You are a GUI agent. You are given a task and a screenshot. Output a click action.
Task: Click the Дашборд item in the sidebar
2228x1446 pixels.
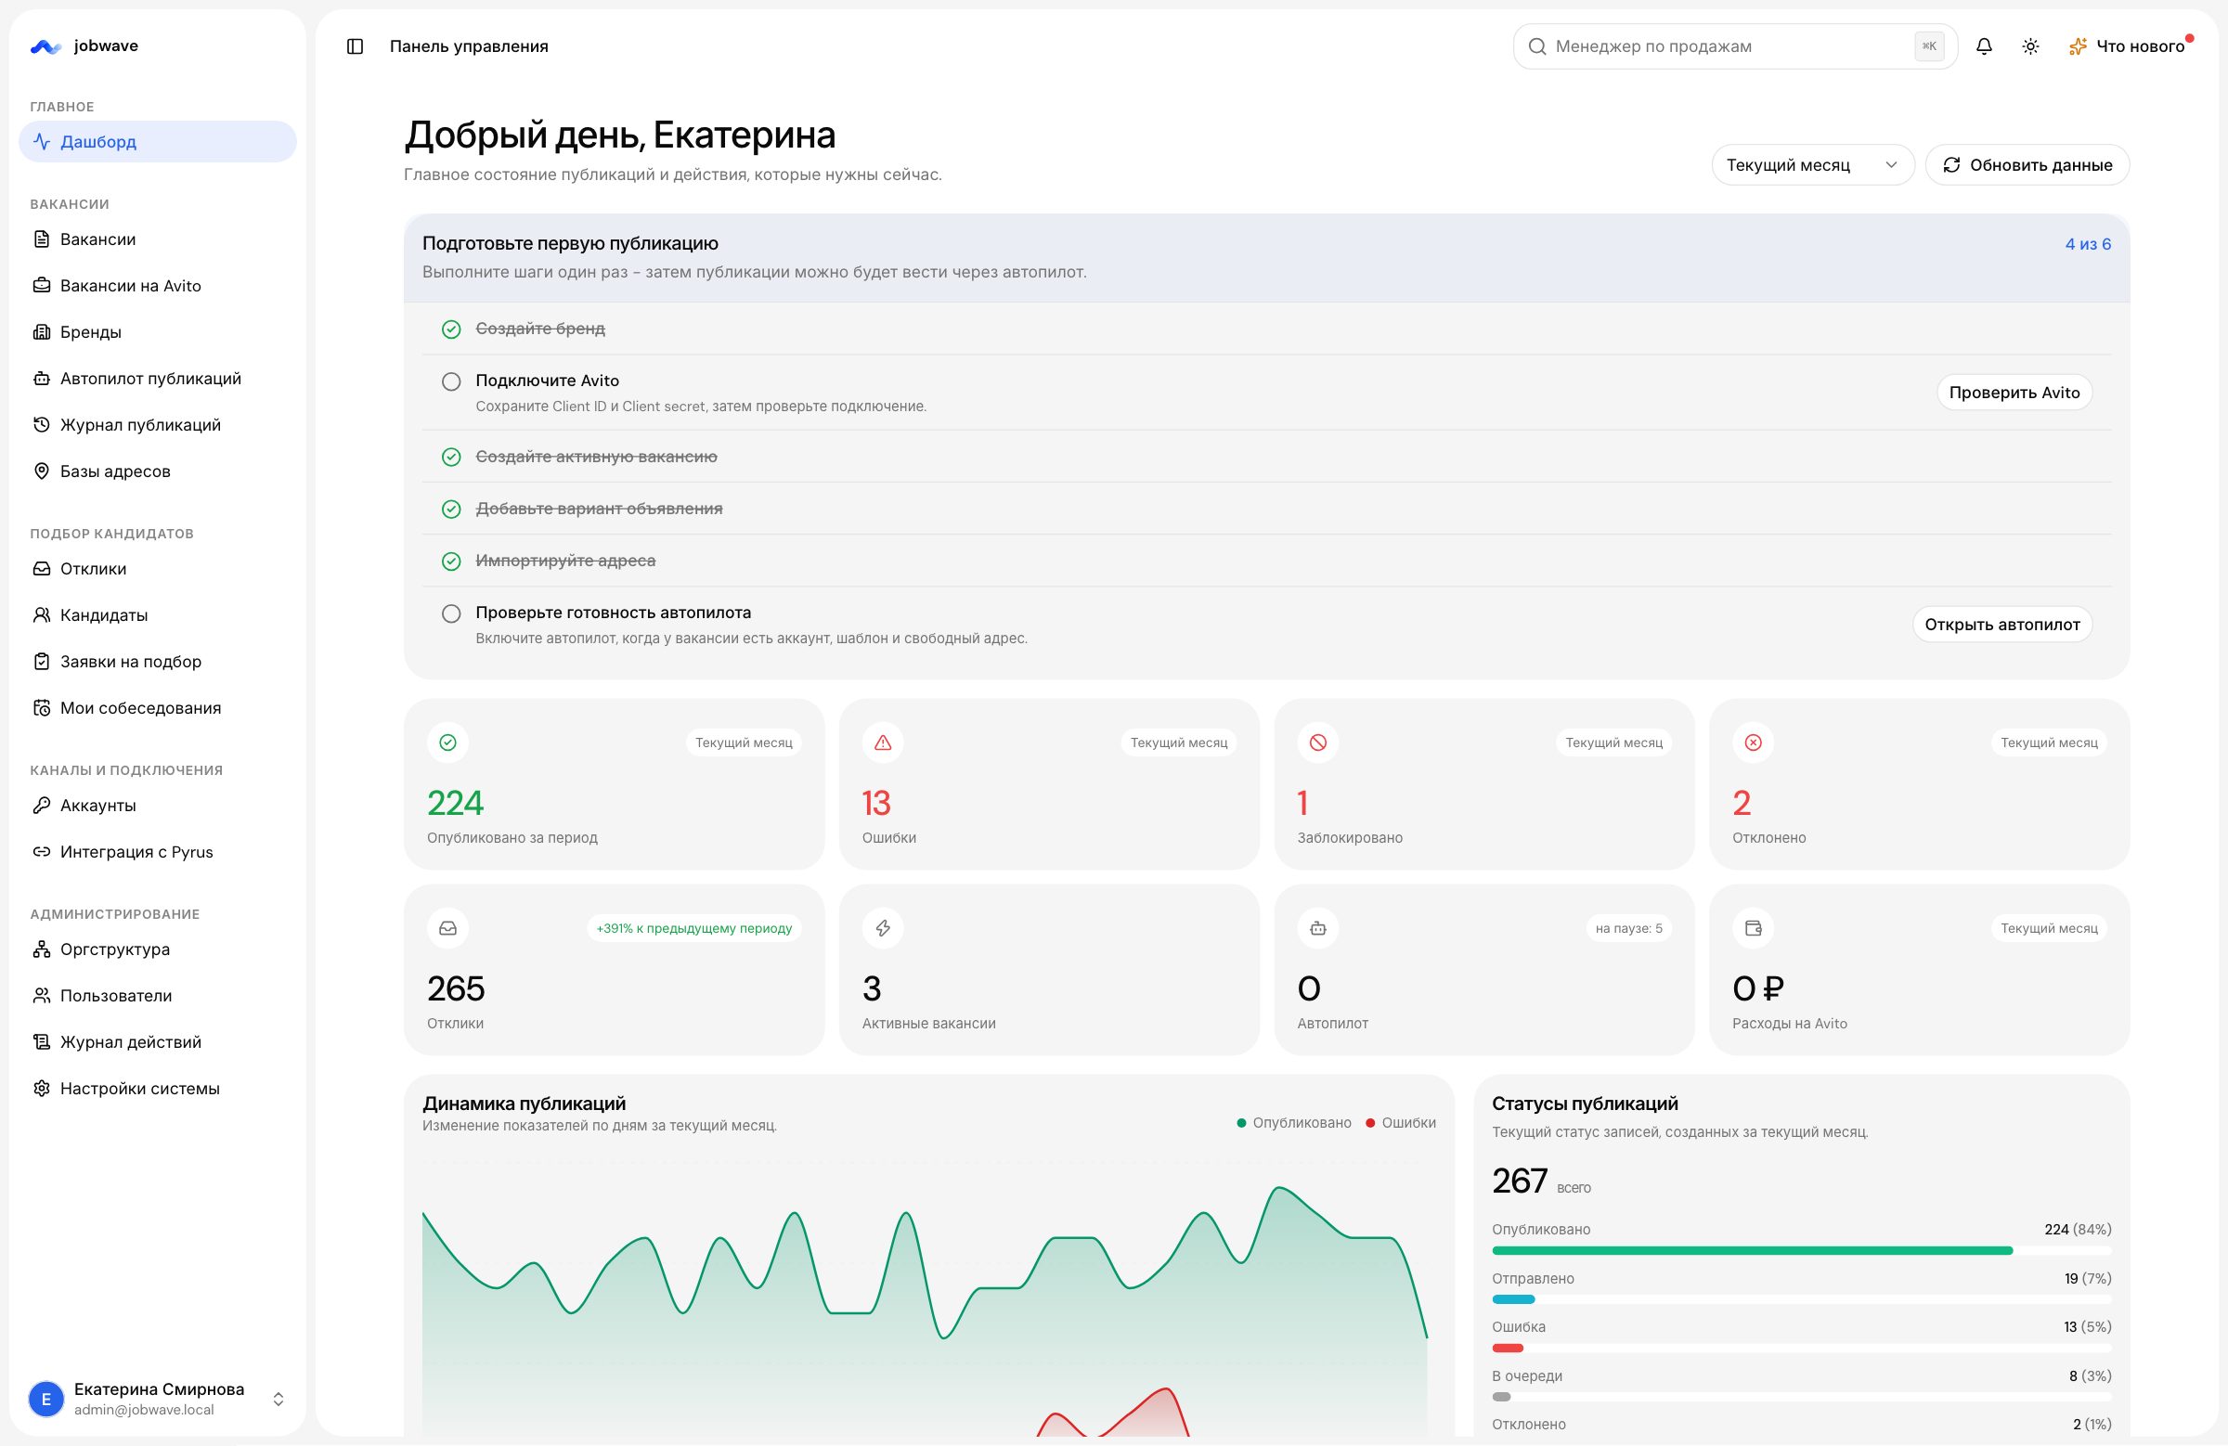coord(157,141)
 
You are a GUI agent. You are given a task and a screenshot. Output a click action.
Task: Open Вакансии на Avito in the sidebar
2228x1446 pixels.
coord(130,286)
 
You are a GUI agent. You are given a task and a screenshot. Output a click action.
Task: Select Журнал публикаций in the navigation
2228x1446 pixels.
coord(139,425)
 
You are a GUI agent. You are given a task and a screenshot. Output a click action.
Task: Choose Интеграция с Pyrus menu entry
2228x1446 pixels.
coord(136,852)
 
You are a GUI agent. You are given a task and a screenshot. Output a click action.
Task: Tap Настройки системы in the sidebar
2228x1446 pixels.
coord(139,1089)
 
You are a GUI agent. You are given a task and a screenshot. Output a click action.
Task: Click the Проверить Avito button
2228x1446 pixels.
coord(2014,394)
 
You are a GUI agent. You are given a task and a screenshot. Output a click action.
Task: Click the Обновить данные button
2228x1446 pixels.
coord(2027,164)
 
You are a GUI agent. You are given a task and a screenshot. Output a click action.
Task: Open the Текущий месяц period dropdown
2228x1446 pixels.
coord(1812,164)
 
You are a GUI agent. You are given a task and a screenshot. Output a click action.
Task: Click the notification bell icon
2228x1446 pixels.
coord(1984,45)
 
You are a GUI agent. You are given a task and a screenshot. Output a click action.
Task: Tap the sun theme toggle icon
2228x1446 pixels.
coord(2030,45)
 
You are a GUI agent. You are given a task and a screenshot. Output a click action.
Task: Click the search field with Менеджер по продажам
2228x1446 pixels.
coord(1735,45)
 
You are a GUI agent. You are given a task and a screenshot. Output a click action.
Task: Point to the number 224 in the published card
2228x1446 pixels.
coord(456,803)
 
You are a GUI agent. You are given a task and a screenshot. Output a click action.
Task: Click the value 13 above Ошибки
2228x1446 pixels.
coord(876,803)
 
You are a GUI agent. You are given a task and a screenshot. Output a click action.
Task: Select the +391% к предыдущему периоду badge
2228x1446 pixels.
coord(693,928)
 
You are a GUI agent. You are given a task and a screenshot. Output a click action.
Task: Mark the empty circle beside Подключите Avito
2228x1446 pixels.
coord(451,381)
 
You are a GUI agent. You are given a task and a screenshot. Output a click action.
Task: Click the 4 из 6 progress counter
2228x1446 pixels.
coord(2088,244)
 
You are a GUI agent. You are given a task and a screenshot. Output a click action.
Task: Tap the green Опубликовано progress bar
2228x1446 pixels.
coord(1752,1250)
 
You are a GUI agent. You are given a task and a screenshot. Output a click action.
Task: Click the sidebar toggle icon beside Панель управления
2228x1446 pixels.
coord(355,45)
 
